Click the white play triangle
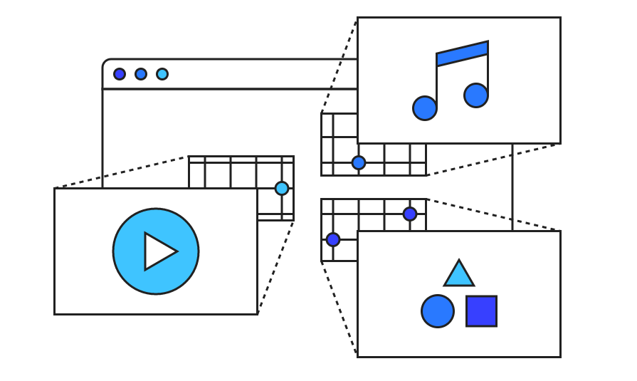(x=158, y=251)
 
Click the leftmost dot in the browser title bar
(x=120, y=74)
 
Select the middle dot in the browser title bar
(x=141, y=74)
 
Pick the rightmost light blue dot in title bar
(x=162, y=74)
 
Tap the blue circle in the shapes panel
(x=438, y=311)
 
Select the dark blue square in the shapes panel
(x=481, y=311)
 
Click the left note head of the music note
(x=425, y=108)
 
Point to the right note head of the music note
(x=476, y=95)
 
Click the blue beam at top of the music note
(x=463, y=54)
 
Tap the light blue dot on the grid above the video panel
(x=282, y=188)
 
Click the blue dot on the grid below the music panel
(x=359, y=162)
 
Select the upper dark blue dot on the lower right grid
(x=410, y=214)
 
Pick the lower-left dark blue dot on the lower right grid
(x=333, y=239)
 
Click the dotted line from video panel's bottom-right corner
(x=276, y=266)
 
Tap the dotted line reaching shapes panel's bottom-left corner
(x=339, y=307)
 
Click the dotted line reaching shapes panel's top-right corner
(x=491, y=214)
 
